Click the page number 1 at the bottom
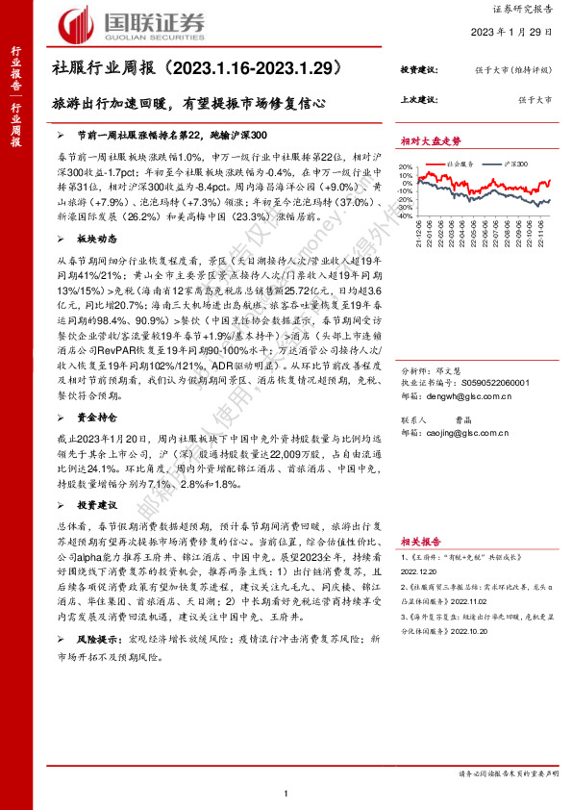click(286, 792)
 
